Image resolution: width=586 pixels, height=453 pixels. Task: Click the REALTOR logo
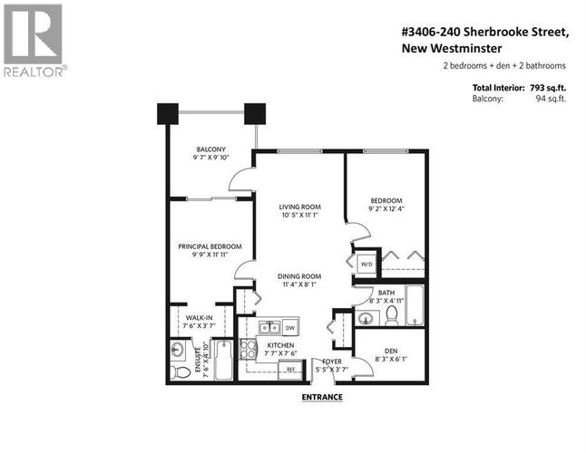click(34, 40)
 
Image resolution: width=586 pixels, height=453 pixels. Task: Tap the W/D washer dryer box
click(366, 265)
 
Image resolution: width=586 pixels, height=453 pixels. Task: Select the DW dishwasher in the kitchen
click(290, 328)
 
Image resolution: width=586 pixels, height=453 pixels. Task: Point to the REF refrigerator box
click(290, 370)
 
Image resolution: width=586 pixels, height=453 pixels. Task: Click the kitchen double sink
click(269, 327)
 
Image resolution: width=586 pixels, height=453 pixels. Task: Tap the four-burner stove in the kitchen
click(248, 350)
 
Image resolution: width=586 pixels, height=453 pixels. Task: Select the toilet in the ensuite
click(180, 371)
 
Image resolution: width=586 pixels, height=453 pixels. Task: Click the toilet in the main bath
click(392, 315)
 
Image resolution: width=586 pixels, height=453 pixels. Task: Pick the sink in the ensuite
click(177, 350)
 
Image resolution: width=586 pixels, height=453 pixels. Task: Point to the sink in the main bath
click(365, 318)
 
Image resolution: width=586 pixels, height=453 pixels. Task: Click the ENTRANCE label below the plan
click(322, 397)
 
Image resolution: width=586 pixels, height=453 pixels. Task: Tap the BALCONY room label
click(211, 149)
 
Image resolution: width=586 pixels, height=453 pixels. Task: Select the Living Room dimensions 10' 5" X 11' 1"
click(299, 215)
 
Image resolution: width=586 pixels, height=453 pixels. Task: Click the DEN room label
click(391, 352)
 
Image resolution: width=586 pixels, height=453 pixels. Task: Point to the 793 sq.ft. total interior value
click(548, 88)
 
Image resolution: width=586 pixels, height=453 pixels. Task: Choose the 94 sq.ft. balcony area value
click(551, 99)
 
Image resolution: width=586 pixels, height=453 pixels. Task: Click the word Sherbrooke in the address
click(494, 32)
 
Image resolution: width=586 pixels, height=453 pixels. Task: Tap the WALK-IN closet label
click(200, 318)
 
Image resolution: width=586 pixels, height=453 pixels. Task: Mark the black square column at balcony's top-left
click(168, 114)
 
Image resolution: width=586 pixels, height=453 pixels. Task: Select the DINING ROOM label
click(299, 276)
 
